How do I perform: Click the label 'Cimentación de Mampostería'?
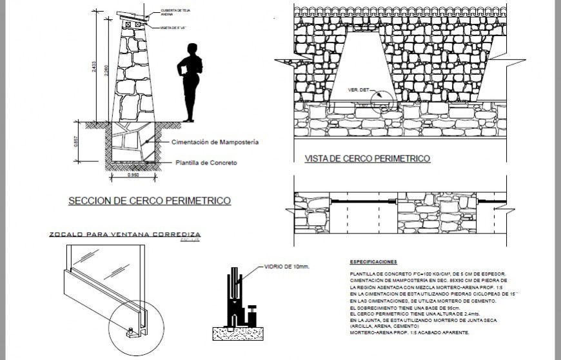(x=215, y=142)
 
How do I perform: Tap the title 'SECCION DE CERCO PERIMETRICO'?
(x=149, y=201)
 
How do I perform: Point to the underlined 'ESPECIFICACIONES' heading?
(x=373, y=263)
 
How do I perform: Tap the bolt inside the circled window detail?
(x=131, y=334)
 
